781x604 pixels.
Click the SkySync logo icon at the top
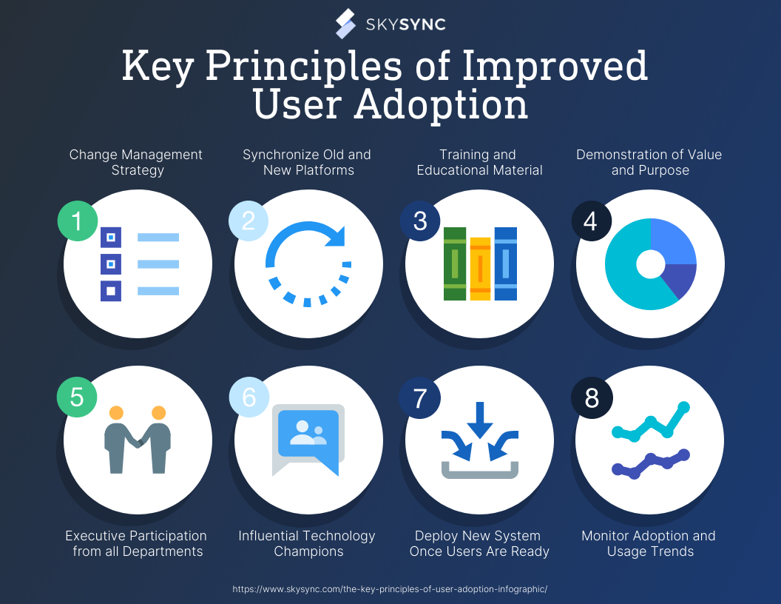point(346,24)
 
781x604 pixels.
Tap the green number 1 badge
point(78,221)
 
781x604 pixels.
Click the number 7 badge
point(420,397)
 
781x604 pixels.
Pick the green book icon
point(454,264)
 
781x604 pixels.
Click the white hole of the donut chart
point(650,264)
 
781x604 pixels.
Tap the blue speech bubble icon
point(308,434)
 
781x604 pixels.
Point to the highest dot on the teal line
point(684,406)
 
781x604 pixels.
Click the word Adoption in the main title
point(441,105)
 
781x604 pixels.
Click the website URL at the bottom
point(390,589)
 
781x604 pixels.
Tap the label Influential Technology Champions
point(307,543)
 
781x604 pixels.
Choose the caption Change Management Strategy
point(136,162)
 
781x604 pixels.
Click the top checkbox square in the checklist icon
point(111,237)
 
